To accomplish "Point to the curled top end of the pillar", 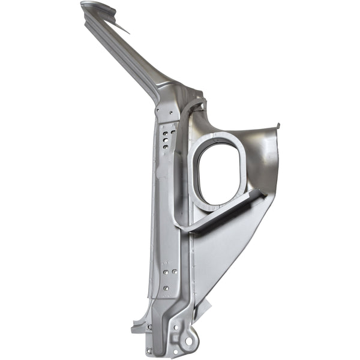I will tap(99, 8).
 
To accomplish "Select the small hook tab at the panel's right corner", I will tap(277, 127).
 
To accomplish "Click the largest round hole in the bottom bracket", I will tap(190, 341).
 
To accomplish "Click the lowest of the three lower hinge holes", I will tap(166, 290).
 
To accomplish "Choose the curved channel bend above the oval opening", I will tap(191, 108).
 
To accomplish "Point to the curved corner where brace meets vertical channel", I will tap(180, 225).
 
